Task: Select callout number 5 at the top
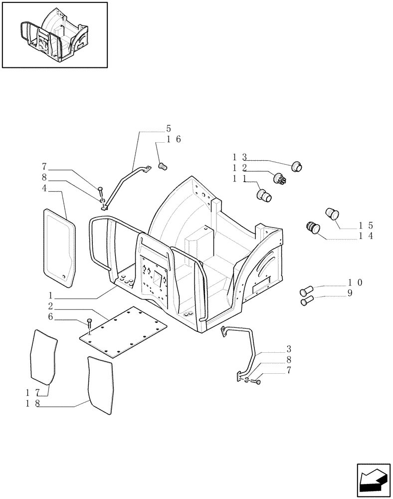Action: click(168, 128)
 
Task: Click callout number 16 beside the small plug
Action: click(174, 139)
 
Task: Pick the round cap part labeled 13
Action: click(298, 166)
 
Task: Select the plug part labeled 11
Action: click(264, 195)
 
